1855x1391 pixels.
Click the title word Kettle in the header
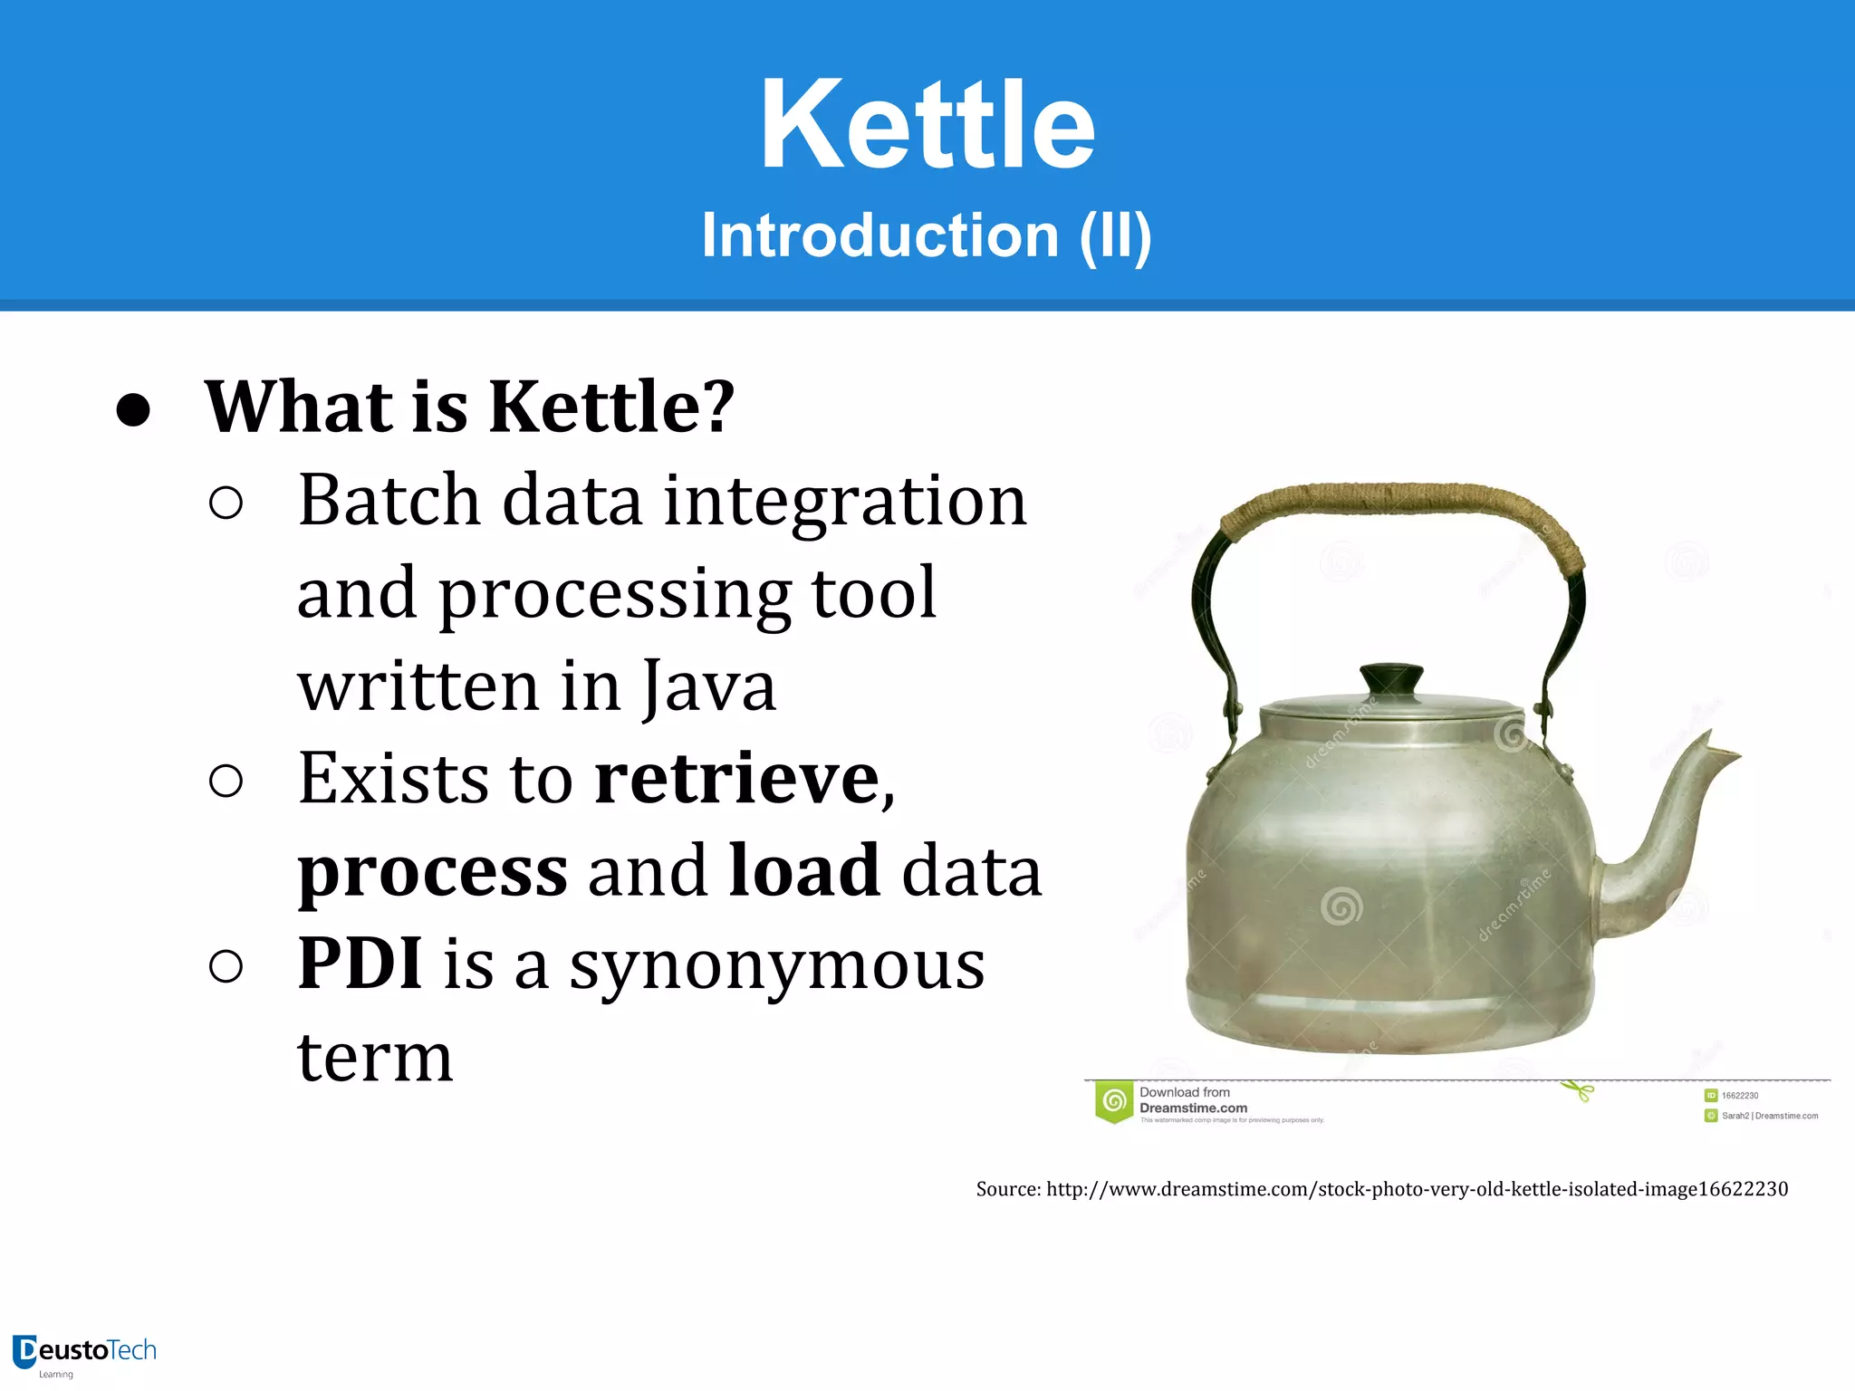pos(927,125)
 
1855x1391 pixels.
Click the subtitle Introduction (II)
pos(927,235)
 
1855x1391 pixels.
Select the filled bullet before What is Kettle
pos(133,410)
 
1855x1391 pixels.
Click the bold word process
pos(433,871)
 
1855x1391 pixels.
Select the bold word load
pos(803,871)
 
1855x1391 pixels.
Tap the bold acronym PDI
pos(360,964)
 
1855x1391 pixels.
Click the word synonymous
pos(776,965)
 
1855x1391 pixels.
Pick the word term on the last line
pos(375,1058)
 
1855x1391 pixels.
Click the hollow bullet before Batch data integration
pos(226,504)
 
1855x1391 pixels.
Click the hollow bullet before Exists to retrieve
pos(226,781)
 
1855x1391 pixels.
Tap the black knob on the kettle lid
pos(1391,678)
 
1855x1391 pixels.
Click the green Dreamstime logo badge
pos(1115,1102)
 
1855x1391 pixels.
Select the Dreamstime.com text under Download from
pos(1193,1108)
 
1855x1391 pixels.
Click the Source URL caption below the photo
pos(1381,1189)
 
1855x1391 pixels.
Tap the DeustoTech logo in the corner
pos(84,1353)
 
